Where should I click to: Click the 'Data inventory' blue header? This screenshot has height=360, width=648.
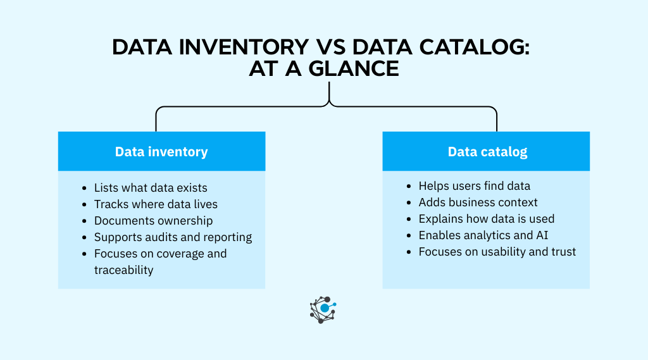point(161,152)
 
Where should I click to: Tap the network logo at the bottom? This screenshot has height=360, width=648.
point(323,309)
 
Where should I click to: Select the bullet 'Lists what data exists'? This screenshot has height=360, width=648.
point(151,188)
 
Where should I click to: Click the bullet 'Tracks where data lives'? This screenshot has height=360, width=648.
point(156,204)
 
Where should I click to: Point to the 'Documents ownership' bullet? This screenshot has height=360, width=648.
point(153,221)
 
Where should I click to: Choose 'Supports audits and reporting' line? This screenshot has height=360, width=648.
point(173,237)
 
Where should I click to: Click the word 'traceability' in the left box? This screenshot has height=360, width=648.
point(123,270)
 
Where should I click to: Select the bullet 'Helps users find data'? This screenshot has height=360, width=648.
point(475,186)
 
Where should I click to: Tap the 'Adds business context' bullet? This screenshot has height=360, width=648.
point(478,202)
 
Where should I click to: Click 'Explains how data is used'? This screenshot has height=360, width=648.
point(486,219)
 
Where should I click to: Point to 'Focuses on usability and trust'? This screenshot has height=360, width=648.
point(497,252)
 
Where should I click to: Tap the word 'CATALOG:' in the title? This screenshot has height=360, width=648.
point(469,48)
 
